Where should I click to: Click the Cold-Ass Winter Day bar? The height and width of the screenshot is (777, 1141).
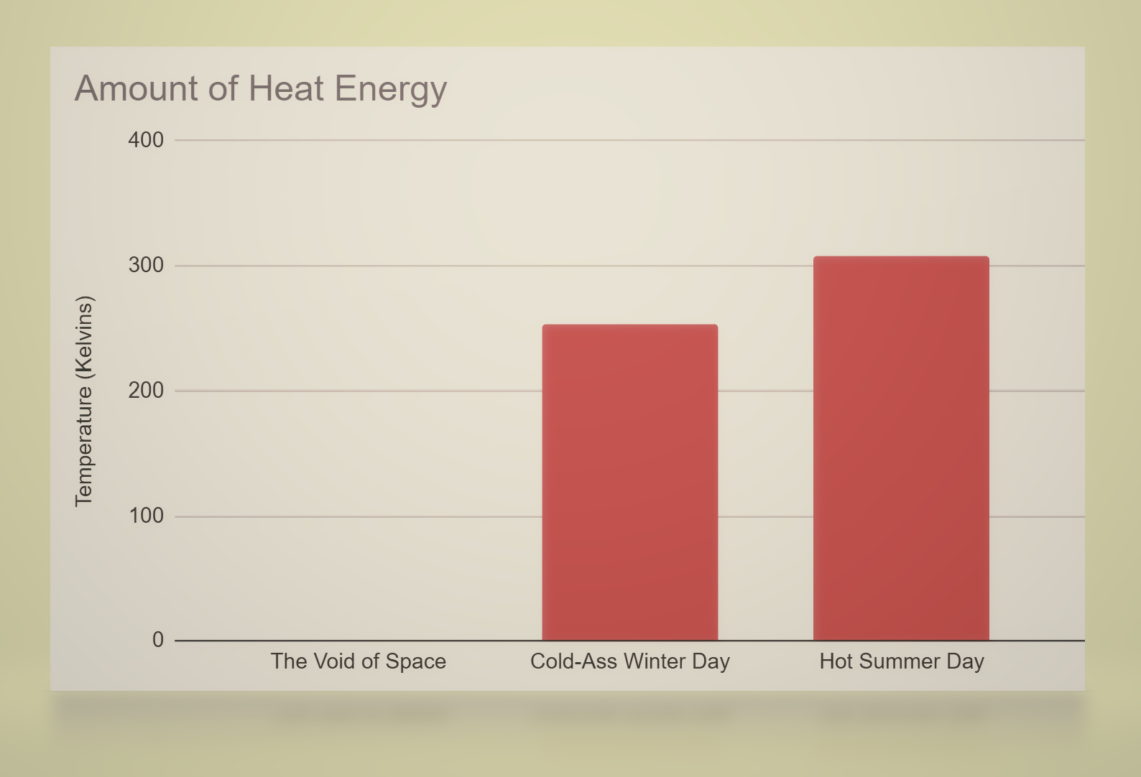(x=629, y=482)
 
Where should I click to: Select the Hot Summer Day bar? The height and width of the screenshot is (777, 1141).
(x=901, y=448)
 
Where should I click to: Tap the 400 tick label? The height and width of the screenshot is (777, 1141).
(x=146, y=140)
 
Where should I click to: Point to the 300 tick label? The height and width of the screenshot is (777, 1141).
(x=146, y=265)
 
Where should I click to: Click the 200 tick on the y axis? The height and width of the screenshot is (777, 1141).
(x=146, y=391)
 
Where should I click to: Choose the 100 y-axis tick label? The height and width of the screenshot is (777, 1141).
(x=146, y=516)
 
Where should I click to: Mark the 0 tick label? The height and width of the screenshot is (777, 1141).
(x=158, y=640)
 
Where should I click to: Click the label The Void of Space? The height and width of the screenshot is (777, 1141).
(x=358, y=661)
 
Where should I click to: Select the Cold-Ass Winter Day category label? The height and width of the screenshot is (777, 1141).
(x=629, y=661)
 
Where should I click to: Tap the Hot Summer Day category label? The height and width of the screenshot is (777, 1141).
(x=901, y=661)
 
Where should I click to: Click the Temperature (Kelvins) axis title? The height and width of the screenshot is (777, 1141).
(x=84, y=401)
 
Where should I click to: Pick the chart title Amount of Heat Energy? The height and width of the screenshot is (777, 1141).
(x=261, y=89)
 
